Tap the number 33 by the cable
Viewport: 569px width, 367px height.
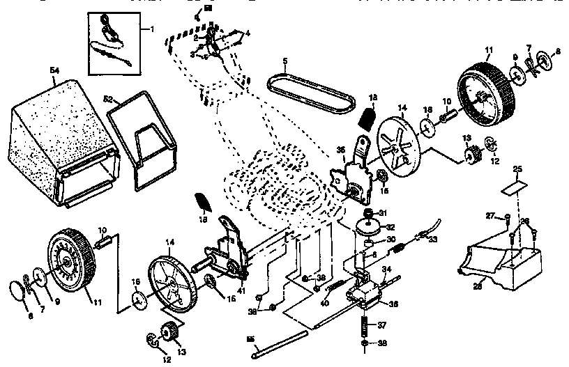pos(433,240)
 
